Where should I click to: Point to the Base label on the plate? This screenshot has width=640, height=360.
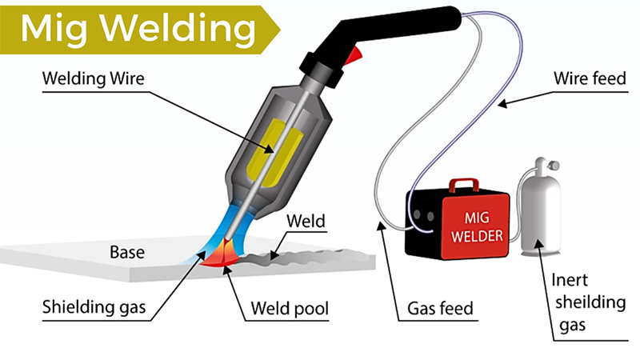pyautogui.click(x=128, y=253)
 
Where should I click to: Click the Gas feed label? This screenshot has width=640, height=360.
pyautogui.click(x=442, y=306)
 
